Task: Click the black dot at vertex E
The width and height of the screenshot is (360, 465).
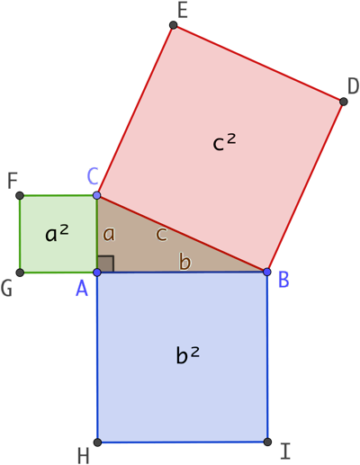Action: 173,25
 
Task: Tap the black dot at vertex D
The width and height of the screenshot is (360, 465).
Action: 344,102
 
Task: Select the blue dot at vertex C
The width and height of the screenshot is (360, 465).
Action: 97,195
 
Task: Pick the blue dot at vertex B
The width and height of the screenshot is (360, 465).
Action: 267,272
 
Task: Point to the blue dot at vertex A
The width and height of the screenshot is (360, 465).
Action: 97,273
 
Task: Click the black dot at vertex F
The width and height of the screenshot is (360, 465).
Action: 20,196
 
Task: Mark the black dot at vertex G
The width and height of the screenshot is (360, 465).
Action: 20,273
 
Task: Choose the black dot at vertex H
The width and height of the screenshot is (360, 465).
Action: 97,443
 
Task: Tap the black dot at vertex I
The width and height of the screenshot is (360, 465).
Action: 267,442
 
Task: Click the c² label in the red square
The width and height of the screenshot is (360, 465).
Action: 224,142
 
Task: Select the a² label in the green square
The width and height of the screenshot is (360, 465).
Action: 57,234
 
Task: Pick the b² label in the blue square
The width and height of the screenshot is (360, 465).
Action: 187,355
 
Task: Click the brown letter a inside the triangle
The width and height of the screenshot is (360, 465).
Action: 109,234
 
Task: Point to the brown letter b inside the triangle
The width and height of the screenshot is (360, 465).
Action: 184,261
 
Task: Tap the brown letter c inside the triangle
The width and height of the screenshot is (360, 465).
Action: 162,234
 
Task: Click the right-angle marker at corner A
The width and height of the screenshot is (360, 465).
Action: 105,264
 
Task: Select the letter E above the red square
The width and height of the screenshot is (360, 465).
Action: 183,11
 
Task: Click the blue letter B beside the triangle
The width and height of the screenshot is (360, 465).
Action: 283,280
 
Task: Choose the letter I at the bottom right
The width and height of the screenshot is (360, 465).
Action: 285,452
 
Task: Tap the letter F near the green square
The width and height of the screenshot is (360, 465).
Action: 13,181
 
